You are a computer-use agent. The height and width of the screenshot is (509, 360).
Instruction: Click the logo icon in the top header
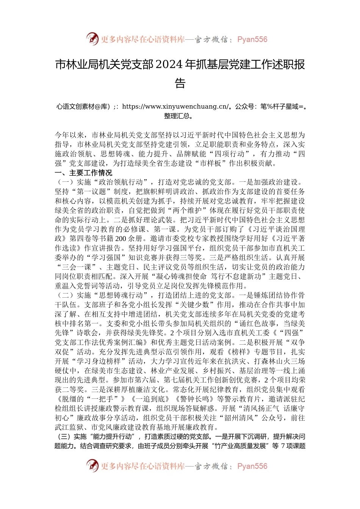tap(92, 39)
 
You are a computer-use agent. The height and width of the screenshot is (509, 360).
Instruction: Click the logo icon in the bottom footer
tap(92, 465)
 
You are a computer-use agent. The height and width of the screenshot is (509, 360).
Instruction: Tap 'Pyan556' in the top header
tap(252, 39)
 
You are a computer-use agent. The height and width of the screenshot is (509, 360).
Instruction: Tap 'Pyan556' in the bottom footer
tap(252, 466)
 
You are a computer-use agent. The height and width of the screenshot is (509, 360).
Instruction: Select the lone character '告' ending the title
tap(180, 83)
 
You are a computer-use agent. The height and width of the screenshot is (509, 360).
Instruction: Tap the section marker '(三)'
tap(63, 437)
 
